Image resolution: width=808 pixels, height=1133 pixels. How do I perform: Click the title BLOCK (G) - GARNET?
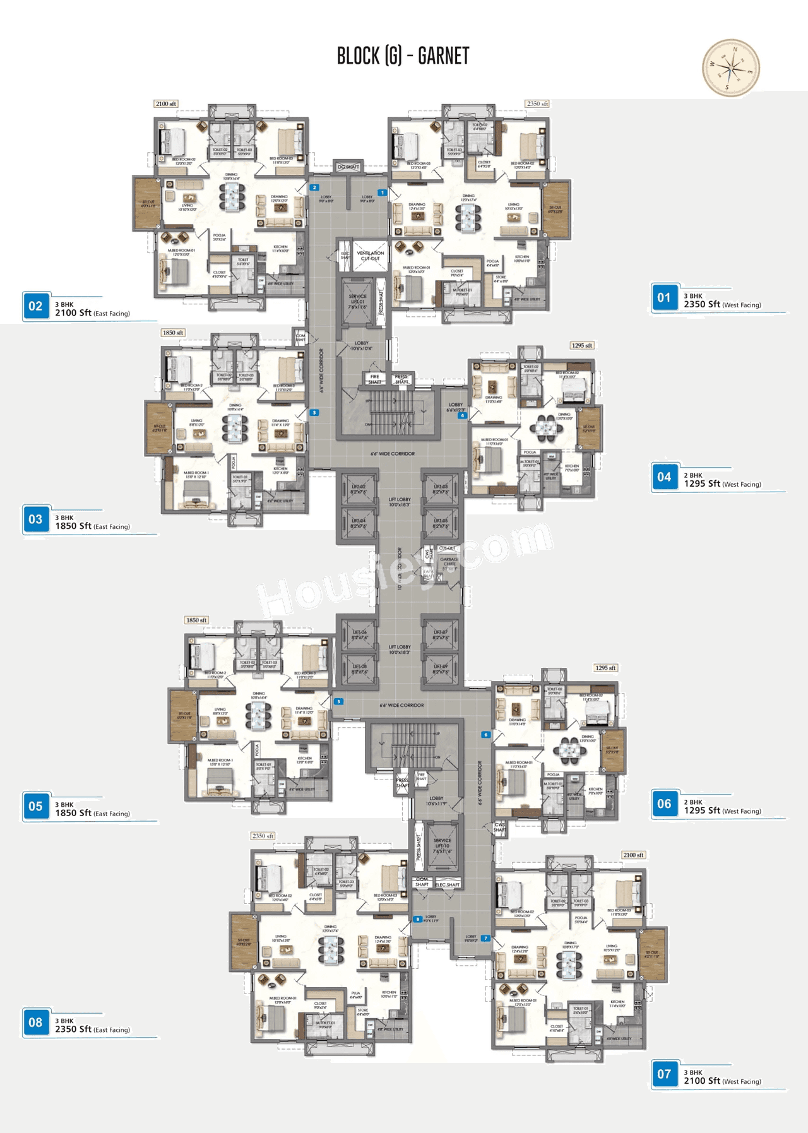point(403,56)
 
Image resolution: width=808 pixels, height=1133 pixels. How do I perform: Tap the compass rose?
point(731,68)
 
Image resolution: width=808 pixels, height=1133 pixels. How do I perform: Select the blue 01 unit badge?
point(664,298)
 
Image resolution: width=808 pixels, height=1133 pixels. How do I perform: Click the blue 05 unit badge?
point(35,807)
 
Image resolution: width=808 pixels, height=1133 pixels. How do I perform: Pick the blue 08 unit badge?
point(35,1023)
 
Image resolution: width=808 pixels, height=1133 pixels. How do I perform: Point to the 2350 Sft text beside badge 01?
point(702,304)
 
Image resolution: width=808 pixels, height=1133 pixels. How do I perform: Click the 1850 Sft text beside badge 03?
point(73,526)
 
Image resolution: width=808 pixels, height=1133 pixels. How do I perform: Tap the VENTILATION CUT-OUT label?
point(370,256)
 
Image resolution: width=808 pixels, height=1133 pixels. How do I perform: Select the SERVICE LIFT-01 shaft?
point(357,302)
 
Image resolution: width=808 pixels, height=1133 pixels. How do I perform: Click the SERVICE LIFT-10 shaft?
point(442,846)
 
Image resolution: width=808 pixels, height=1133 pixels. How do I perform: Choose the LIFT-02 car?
point(358,489)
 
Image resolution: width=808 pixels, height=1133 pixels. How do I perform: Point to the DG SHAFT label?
point(348,167)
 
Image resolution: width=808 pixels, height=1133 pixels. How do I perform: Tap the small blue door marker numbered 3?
point(314,413)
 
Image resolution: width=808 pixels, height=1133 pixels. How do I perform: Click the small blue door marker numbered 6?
point(485,735)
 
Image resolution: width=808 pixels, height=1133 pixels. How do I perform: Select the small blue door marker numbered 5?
point(339,701)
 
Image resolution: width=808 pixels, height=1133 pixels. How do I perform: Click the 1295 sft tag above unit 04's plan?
point(581,345)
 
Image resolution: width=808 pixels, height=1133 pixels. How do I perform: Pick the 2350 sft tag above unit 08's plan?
point(263,836)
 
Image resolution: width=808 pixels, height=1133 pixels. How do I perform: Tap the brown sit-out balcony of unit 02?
point(146,203)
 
